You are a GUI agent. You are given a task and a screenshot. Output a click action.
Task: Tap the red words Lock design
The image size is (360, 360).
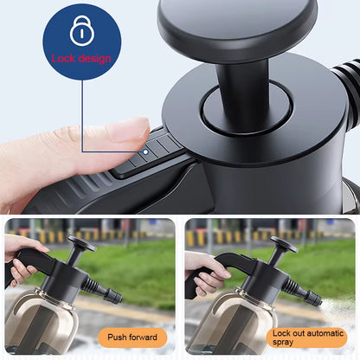coord(81,59)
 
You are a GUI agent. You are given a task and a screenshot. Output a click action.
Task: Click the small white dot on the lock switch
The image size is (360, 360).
coord(145,149)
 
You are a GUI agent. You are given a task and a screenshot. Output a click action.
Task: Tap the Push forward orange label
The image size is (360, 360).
coord(132,337)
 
